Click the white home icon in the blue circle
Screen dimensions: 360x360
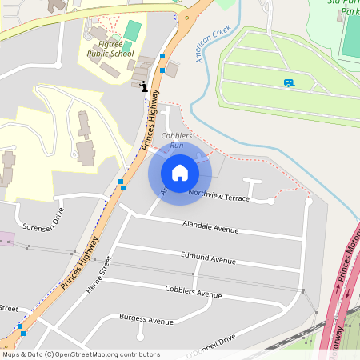point(180,172)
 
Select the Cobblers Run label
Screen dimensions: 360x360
point(177,141)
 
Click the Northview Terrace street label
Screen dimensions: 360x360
point(219,195)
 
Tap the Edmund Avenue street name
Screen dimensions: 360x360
point(207,259)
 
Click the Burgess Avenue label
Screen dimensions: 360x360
point(146,321)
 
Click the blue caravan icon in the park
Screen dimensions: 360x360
point(288,82)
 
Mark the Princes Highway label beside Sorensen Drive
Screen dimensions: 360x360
point(80,262)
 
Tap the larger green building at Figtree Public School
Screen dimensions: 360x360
point(133,30)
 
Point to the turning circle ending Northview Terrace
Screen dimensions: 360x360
point(270,202)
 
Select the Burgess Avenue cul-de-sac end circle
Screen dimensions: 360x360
point(141,336)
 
